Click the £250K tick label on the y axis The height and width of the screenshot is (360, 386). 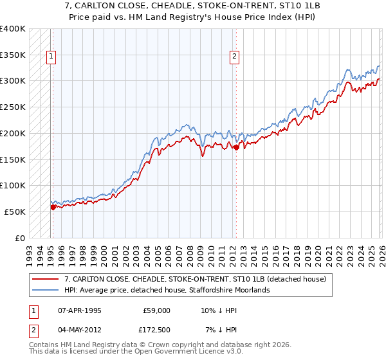point(13,107)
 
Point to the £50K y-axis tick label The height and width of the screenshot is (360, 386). point(15,212)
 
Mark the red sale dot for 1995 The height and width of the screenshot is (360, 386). point(53,207)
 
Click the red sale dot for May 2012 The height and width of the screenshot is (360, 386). point(236,147)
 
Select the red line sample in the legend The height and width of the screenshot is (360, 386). point(46,279)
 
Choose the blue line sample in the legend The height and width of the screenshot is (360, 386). point(46,290)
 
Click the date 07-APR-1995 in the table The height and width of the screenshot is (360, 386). point(79,310)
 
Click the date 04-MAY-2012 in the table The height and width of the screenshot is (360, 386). point(79,329)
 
